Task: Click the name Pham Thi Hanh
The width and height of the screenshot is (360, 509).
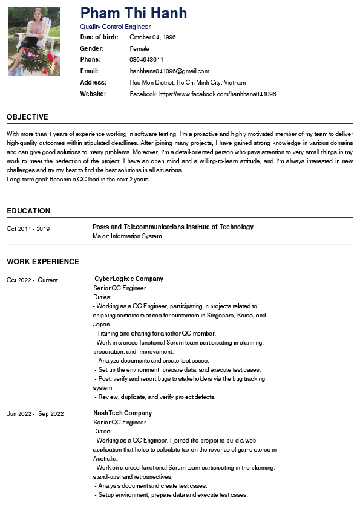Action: coord(133,13)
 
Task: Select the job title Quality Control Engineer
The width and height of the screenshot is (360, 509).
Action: coord(115,27)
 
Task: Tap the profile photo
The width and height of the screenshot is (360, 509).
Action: coord(34,41)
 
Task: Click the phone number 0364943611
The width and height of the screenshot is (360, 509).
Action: coord(146,59)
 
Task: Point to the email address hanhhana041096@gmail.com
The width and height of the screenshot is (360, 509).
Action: coord(169,71)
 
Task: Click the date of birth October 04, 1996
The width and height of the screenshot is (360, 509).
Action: coord(152,37)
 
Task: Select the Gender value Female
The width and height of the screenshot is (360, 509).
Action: coord(139,48)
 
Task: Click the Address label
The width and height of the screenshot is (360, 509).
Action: coord(93,82)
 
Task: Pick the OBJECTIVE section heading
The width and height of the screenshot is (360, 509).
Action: coord(27,117)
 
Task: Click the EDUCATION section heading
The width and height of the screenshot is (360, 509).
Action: coord(28,211)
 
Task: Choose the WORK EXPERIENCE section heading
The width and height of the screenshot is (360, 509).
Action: coord(43,262)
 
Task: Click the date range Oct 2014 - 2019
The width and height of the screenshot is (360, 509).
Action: coord(28,229)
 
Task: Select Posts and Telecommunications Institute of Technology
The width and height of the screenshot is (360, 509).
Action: coord(173,227)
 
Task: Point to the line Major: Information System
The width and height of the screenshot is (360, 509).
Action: coord(127,236)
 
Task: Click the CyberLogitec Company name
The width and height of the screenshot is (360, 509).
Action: coord(129,279)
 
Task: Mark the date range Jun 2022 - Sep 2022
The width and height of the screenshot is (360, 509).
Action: coord(35,413)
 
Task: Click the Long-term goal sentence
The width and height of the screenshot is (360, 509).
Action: coord(78,180)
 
